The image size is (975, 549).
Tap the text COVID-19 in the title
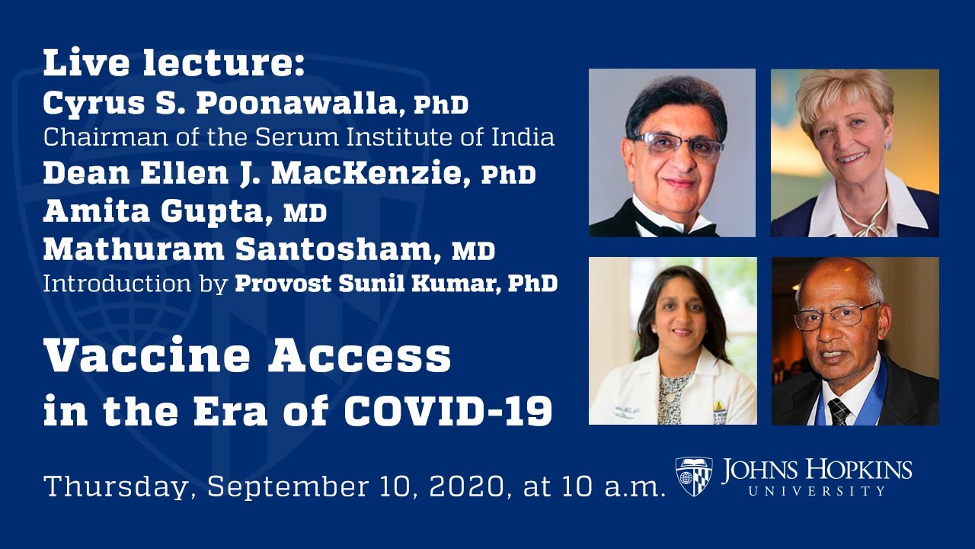click(x=448, y=412)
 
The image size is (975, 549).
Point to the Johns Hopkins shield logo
click(x=694, y=477)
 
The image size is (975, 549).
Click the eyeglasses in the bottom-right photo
click(x=836, y=314)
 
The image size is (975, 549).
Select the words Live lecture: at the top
click(x=174, y=64)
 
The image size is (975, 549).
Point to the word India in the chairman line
click(x=525, y=138)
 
